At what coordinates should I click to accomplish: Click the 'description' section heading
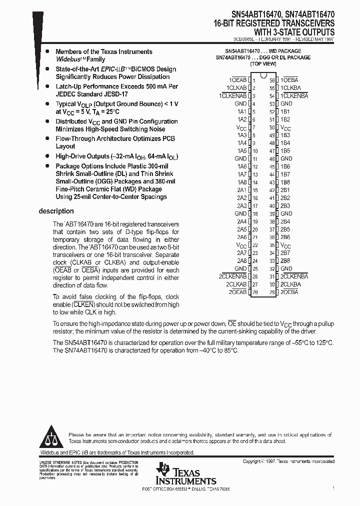pos(56,211)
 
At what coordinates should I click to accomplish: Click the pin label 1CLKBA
pos(290,88)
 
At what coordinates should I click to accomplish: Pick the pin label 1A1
pos(242,111)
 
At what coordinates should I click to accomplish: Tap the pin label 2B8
pos(285,260)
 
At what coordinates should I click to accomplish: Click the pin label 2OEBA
pos(289,291)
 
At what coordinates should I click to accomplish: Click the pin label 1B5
pos(285,151)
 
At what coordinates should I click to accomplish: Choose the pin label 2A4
pos(242,221)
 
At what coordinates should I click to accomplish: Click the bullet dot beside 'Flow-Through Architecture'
pos(47,138)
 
